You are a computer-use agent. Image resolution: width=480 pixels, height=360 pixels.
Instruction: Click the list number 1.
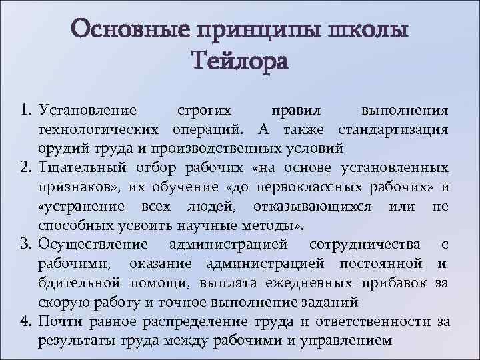pyautogui.click(x=26, y=109)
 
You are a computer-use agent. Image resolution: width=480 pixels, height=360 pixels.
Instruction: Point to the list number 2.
pyautogui.click(x=26, y=167)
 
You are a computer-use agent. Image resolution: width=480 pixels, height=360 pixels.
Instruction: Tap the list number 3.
pyautogui.click(x=26, y=244)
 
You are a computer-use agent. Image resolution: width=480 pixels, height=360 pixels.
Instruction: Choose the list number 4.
pyautogui.click(x=26, y=322)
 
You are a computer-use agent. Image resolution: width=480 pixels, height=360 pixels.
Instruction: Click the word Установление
pyautogui.click(x=87, y=109)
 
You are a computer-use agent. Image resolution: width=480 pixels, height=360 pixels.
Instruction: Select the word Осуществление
pyautogui.click(x=94, y=244)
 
